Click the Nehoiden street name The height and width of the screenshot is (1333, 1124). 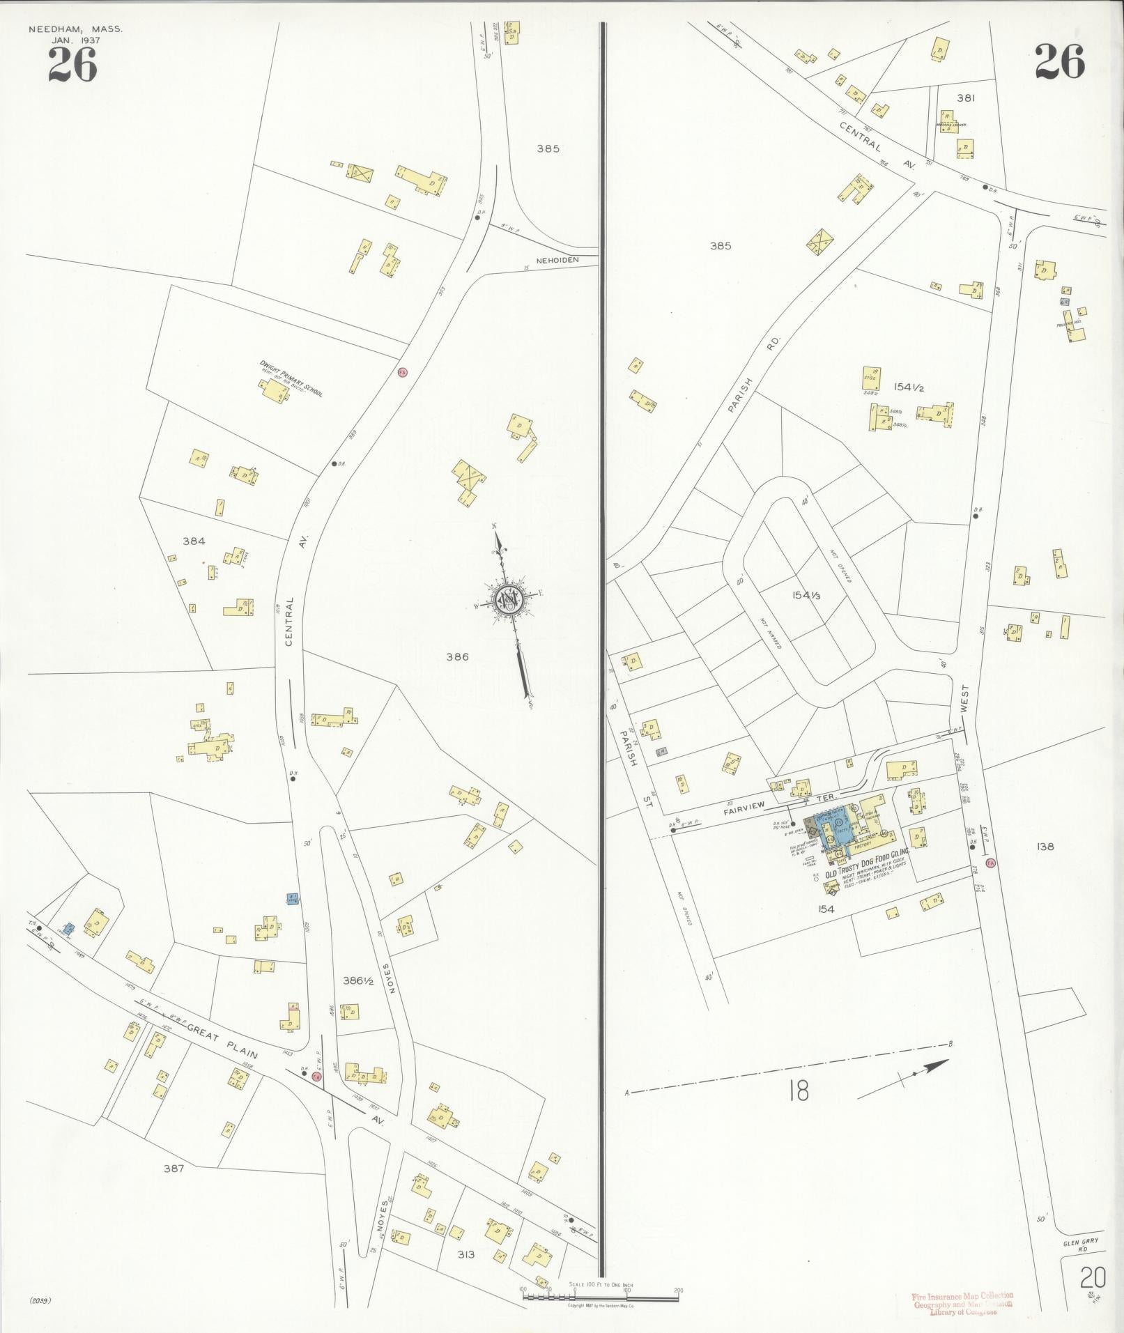click(x=557, y=260)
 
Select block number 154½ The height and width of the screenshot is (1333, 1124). click(x=910, y=387)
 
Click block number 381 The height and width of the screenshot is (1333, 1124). click(x=965, y=98)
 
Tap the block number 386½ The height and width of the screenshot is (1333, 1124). click(x=360, y=980)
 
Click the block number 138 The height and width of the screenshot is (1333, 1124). click(x=1045, y=847)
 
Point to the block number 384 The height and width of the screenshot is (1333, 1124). click(x=194, y=541)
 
